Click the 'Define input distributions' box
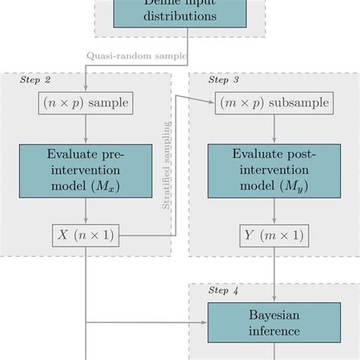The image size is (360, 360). tap(179, 13)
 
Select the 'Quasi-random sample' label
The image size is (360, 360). tap(137, 55)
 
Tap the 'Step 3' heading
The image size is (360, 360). tap(223, 79)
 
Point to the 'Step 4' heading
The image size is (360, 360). tap(223, 290)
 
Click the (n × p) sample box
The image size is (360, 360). tap(85, 103)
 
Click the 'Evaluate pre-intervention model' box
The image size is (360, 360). tap(85, 170)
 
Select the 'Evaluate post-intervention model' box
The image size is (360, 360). tap(274, 170)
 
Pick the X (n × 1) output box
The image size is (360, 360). tap(85, 235)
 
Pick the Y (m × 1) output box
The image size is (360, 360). tap(274, 235)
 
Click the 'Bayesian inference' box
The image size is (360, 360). tap(274, 322)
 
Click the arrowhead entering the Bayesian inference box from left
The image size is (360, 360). tap(204, 323)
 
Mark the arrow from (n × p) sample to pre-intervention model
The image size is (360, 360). tap(85, 128)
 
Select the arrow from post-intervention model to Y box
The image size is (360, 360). tap(274, 210)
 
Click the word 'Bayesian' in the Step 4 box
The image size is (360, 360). tap(274, 314)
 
